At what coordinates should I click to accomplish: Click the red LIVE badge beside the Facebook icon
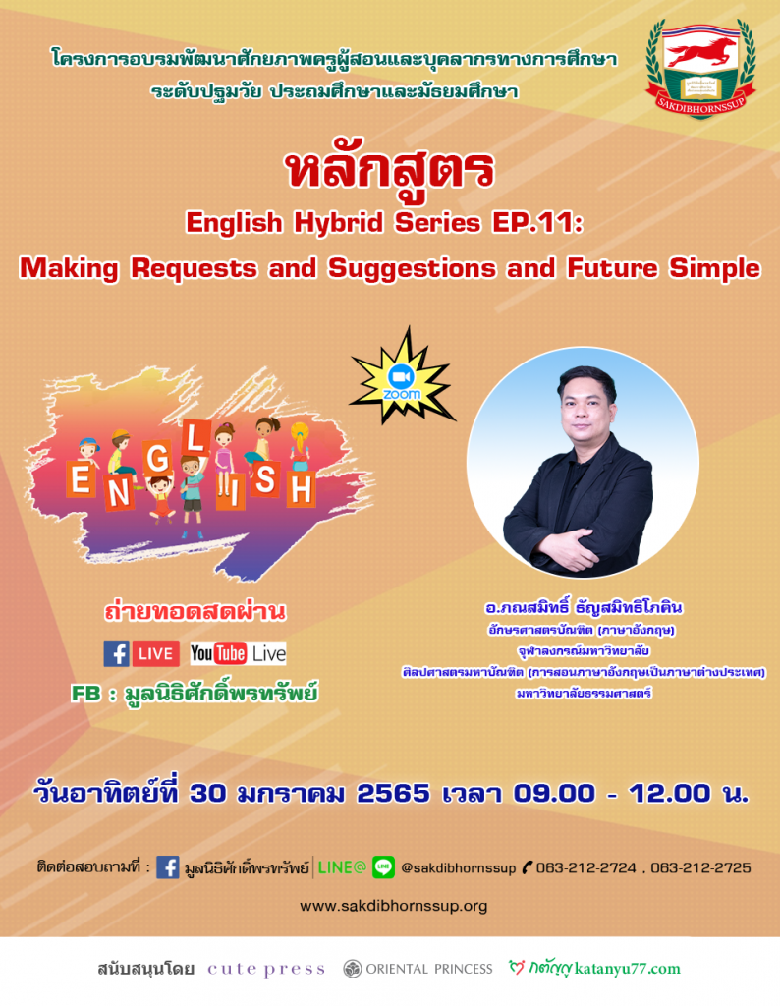156,653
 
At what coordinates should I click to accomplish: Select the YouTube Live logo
238,653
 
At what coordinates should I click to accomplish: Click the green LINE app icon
383,867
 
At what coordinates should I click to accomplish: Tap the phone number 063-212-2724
586,868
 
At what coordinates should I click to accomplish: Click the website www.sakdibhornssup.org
393,906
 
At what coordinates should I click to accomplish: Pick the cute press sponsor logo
266,969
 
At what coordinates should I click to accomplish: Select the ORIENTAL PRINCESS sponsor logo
418,969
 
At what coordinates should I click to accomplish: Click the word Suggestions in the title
412,269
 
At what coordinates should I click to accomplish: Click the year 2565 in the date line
393,794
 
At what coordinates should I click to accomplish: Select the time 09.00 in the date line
554,794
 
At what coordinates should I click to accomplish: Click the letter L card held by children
195,438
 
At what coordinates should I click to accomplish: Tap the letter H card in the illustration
301,490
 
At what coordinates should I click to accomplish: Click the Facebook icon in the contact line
167,867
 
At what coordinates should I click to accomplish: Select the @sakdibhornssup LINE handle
458,868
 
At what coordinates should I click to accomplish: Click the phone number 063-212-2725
700,868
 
